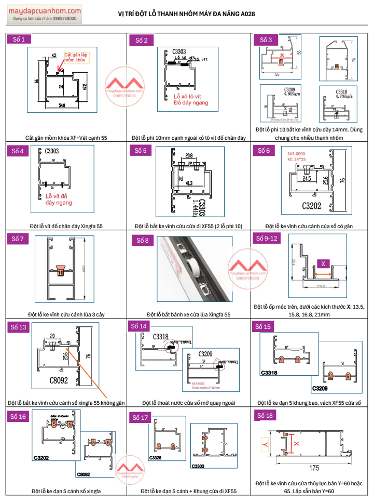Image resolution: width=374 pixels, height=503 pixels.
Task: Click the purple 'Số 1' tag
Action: coord(19,39)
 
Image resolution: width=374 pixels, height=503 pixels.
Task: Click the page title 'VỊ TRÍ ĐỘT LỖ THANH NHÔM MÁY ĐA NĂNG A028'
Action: coord(187,15)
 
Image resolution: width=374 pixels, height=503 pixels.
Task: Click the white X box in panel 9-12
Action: coord(323,264)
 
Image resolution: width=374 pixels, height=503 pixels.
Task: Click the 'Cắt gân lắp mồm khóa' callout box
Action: coord(76,57)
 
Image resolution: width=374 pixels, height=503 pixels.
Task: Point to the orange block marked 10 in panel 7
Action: coord(61,271)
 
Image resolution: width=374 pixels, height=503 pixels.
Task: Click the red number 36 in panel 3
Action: coord(282,55)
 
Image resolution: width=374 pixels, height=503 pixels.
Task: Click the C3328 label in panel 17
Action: coord(155,458)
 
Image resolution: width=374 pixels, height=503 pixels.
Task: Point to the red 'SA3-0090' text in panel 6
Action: coord(297,154)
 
